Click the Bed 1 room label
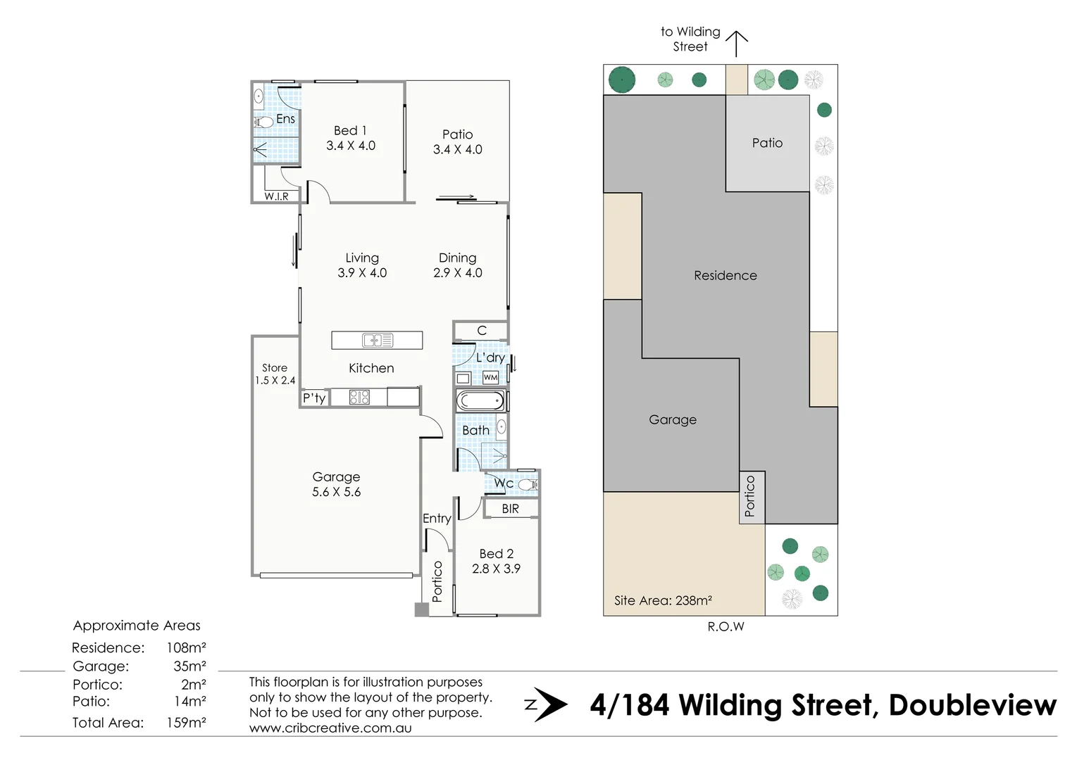point(350,131)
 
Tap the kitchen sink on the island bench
point(377,341)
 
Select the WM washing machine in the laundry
point(490,378)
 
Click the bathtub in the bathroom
point(480,402)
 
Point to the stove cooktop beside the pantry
point(359,398)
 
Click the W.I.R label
point(276,196)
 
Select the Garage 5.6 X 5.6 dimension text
point(336,493)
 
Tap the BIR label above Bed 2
point(510,509)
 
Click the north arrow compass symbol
point(547,704)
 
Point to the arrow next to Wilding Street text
point(736,44)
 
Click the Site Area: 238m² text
point(662,601)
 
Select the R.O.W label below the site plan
point(726,627)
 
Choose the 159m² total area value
point(186,723)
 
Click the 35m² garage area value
point(189,666)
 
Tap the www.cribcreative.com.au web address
point(330,728)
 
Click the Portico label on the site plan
point(750,496)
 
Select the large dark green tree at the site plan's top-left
point(622,80)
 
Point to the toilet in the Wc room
point(527,484)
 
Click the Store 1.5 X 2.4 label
point(275,374)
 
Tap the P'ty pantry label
point(314,398)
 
